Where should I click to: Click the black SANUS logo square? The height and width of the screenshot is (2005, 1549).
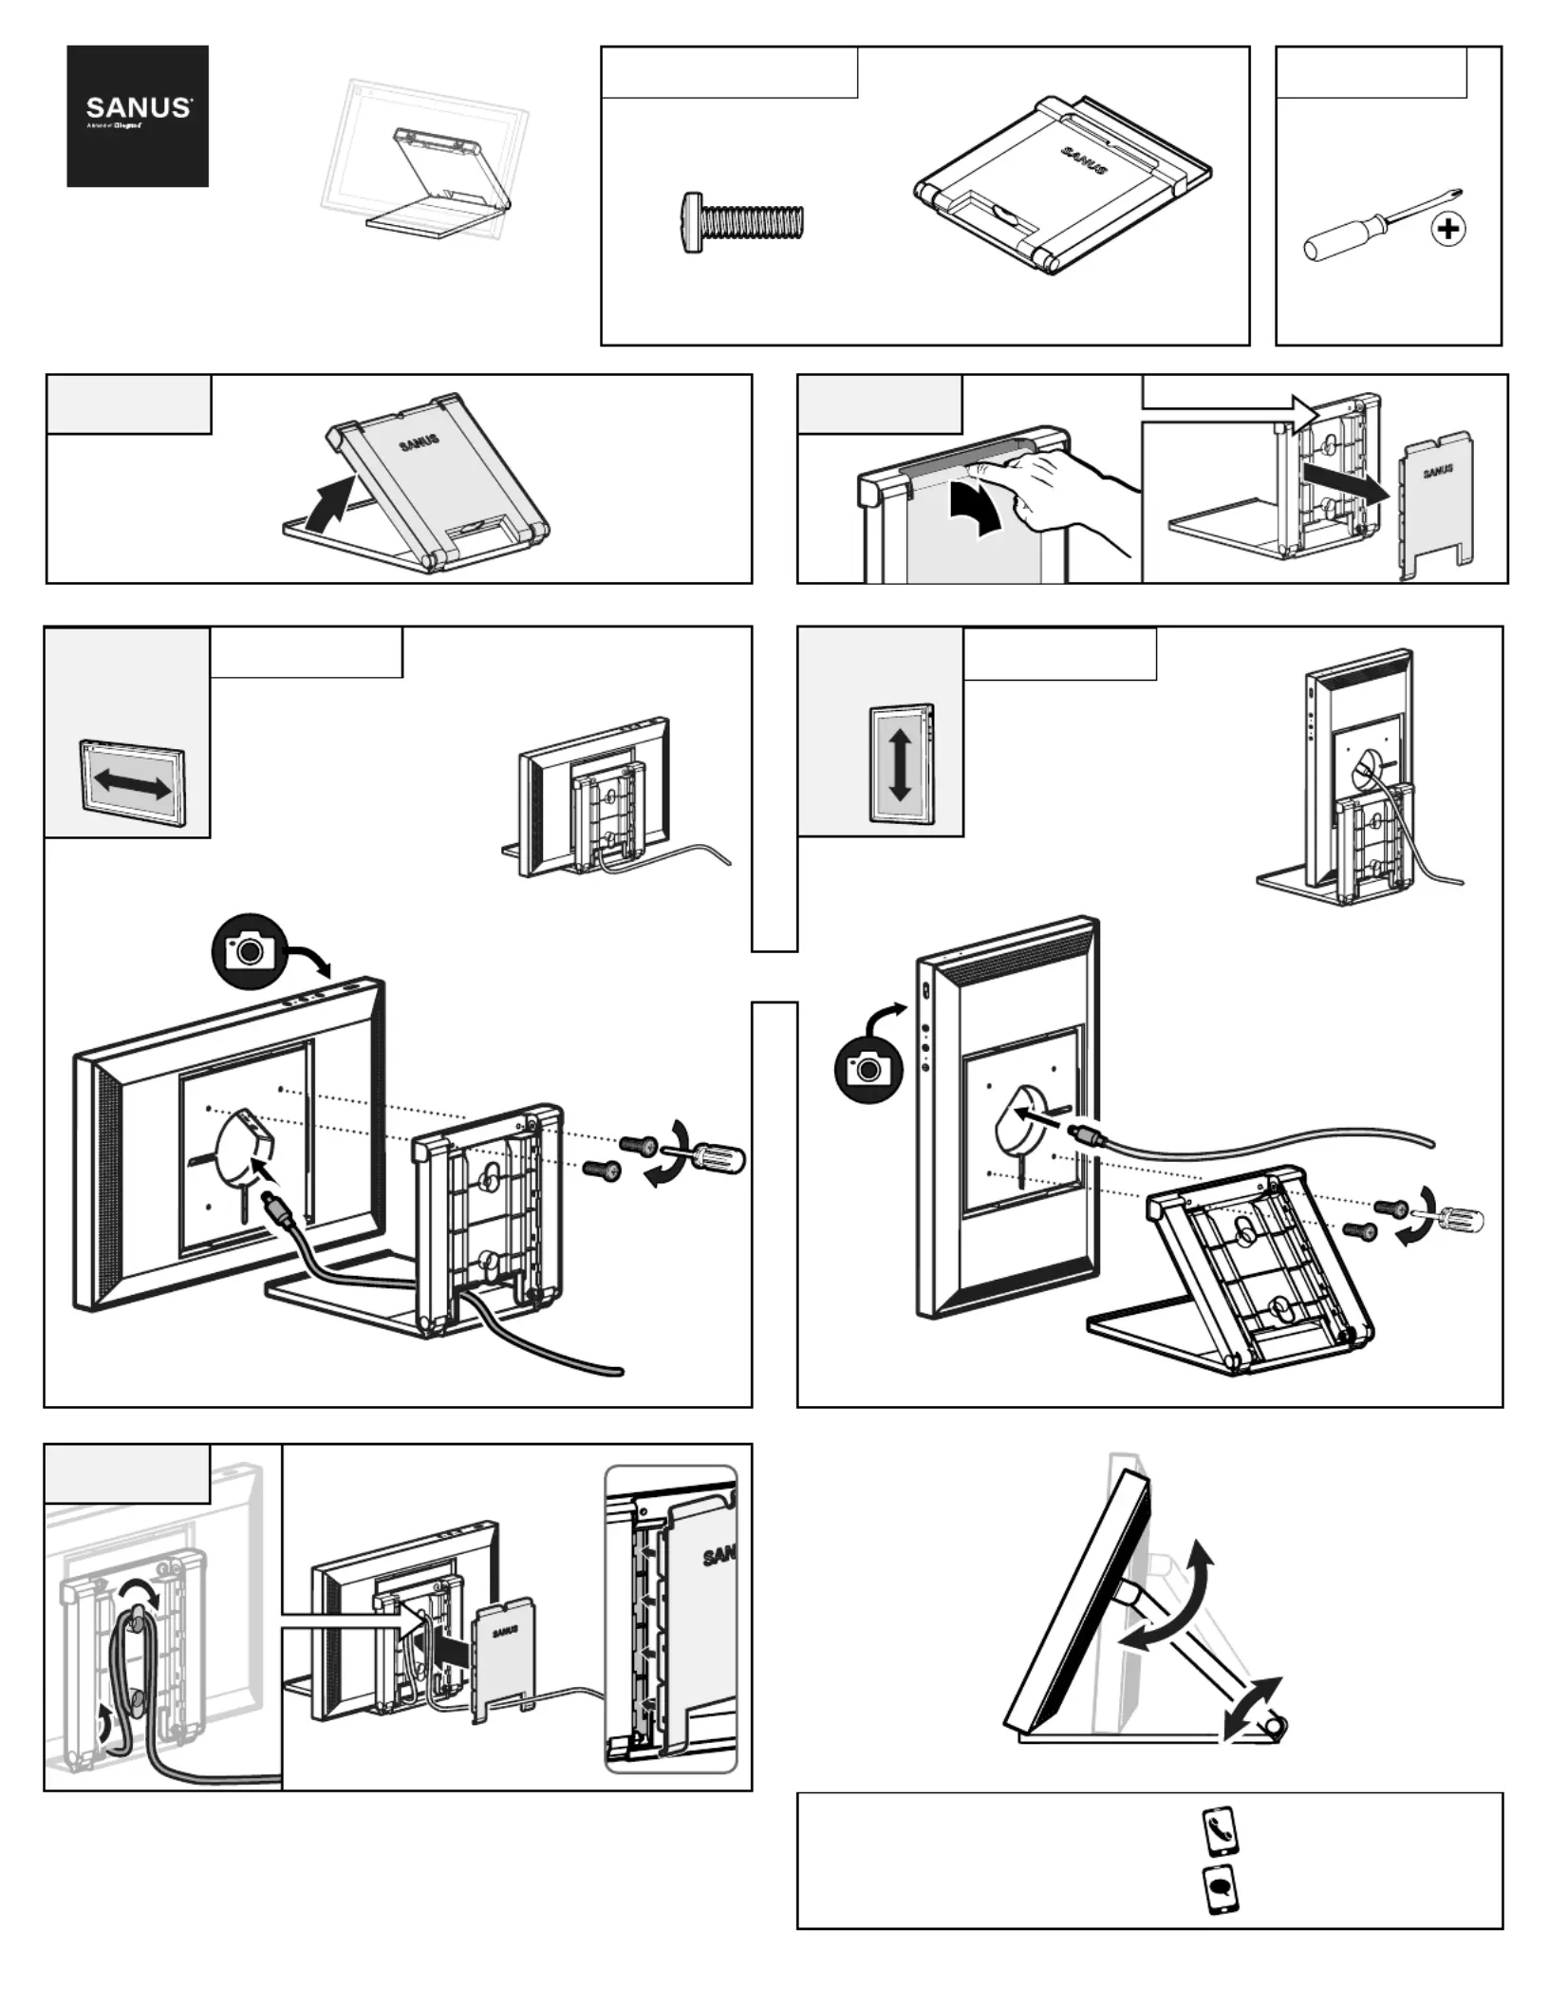pyautogui.click(x=138, y=116)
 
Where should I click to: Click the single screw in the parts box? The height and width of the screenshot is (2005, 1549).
pyautogui.click(x=742, y=222)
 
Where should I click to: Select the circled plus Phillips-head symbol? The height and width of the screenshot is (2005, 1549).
pyautogui.click(x=1448, y=229)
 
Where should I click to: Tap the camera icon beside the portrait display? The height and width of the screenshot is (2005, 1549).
pyautogui.click(x=868, y=1069)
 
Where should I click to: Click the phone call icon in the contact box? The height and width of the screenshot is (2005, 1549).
pyautogui.click(x=1219, y=1831)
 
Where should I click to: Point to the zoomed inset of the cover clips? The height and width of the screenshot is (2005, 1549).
pyautogui.click(x=671, y=1620)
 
